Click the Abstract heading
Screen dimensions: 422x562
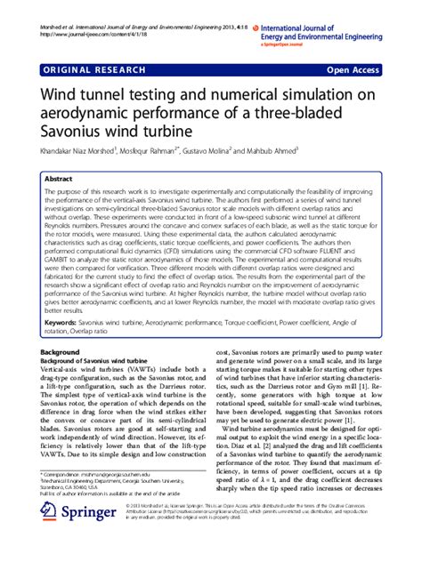61,180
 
